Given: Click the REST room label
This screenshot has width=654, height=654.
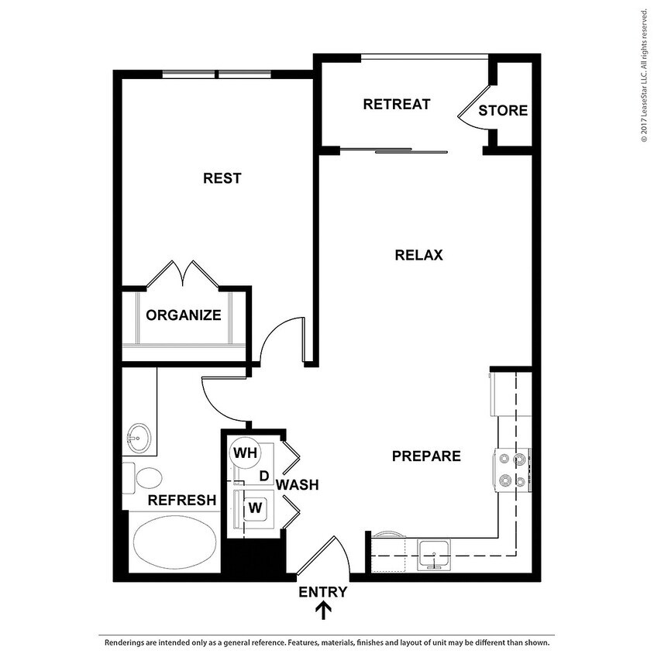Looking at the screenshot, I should [222, 178].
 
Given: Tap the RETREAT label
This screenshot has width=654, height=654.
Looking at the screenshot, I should [396, 104].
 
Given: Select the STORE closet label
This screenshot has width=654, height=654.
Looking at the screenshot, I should [502, 111].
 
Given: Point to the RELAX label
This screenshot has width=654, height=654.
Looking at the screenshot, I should [418, 255].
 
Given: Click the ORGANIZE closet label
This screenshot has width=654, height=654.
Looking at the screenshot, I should [184, 315].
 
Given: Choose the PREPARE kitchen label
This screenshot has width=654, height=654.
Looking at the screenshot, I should [426, 456].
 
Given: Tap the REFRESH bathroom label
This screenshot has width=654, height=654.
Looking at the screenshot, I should [182, 501].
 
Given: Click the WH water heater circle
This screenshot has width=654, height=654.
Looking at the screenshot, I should [246, 453].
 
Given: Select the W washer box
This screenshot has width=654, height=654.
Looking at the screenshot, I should [253, 509].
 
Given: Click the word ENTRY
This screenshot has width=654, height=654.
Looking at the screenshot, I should [323, 593].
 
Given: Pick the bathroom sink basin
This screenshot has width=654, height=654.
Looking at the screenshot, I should [139, 436].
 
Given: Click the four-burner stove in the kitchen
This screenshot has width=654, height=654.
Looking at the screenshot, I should [511, 470].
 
